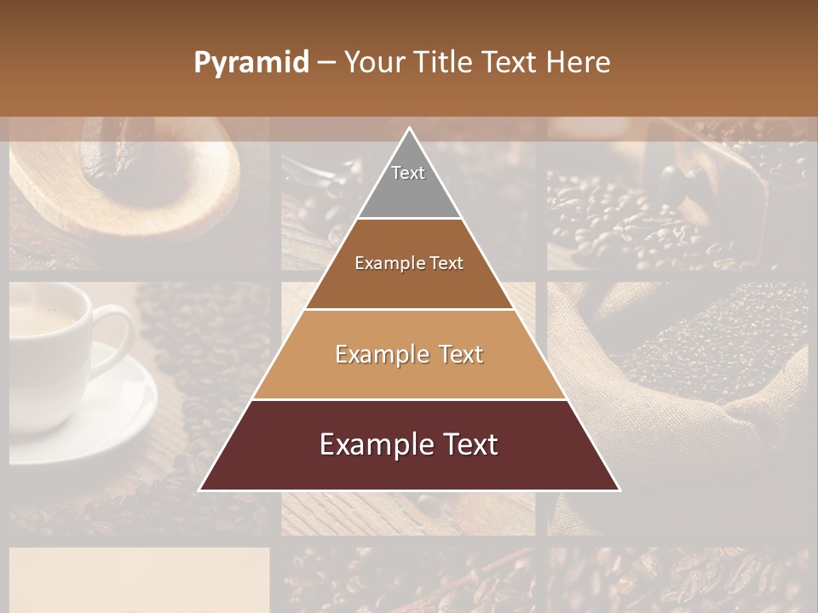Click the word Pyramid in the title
point(251,63)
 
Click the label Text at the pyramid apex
point(408,173)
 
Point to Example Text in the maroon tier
point(409,444)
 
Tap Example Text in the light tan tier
point(409,354)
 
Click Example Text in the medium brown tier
point(409,263)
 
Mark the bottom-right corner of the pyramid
point(619,490)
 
